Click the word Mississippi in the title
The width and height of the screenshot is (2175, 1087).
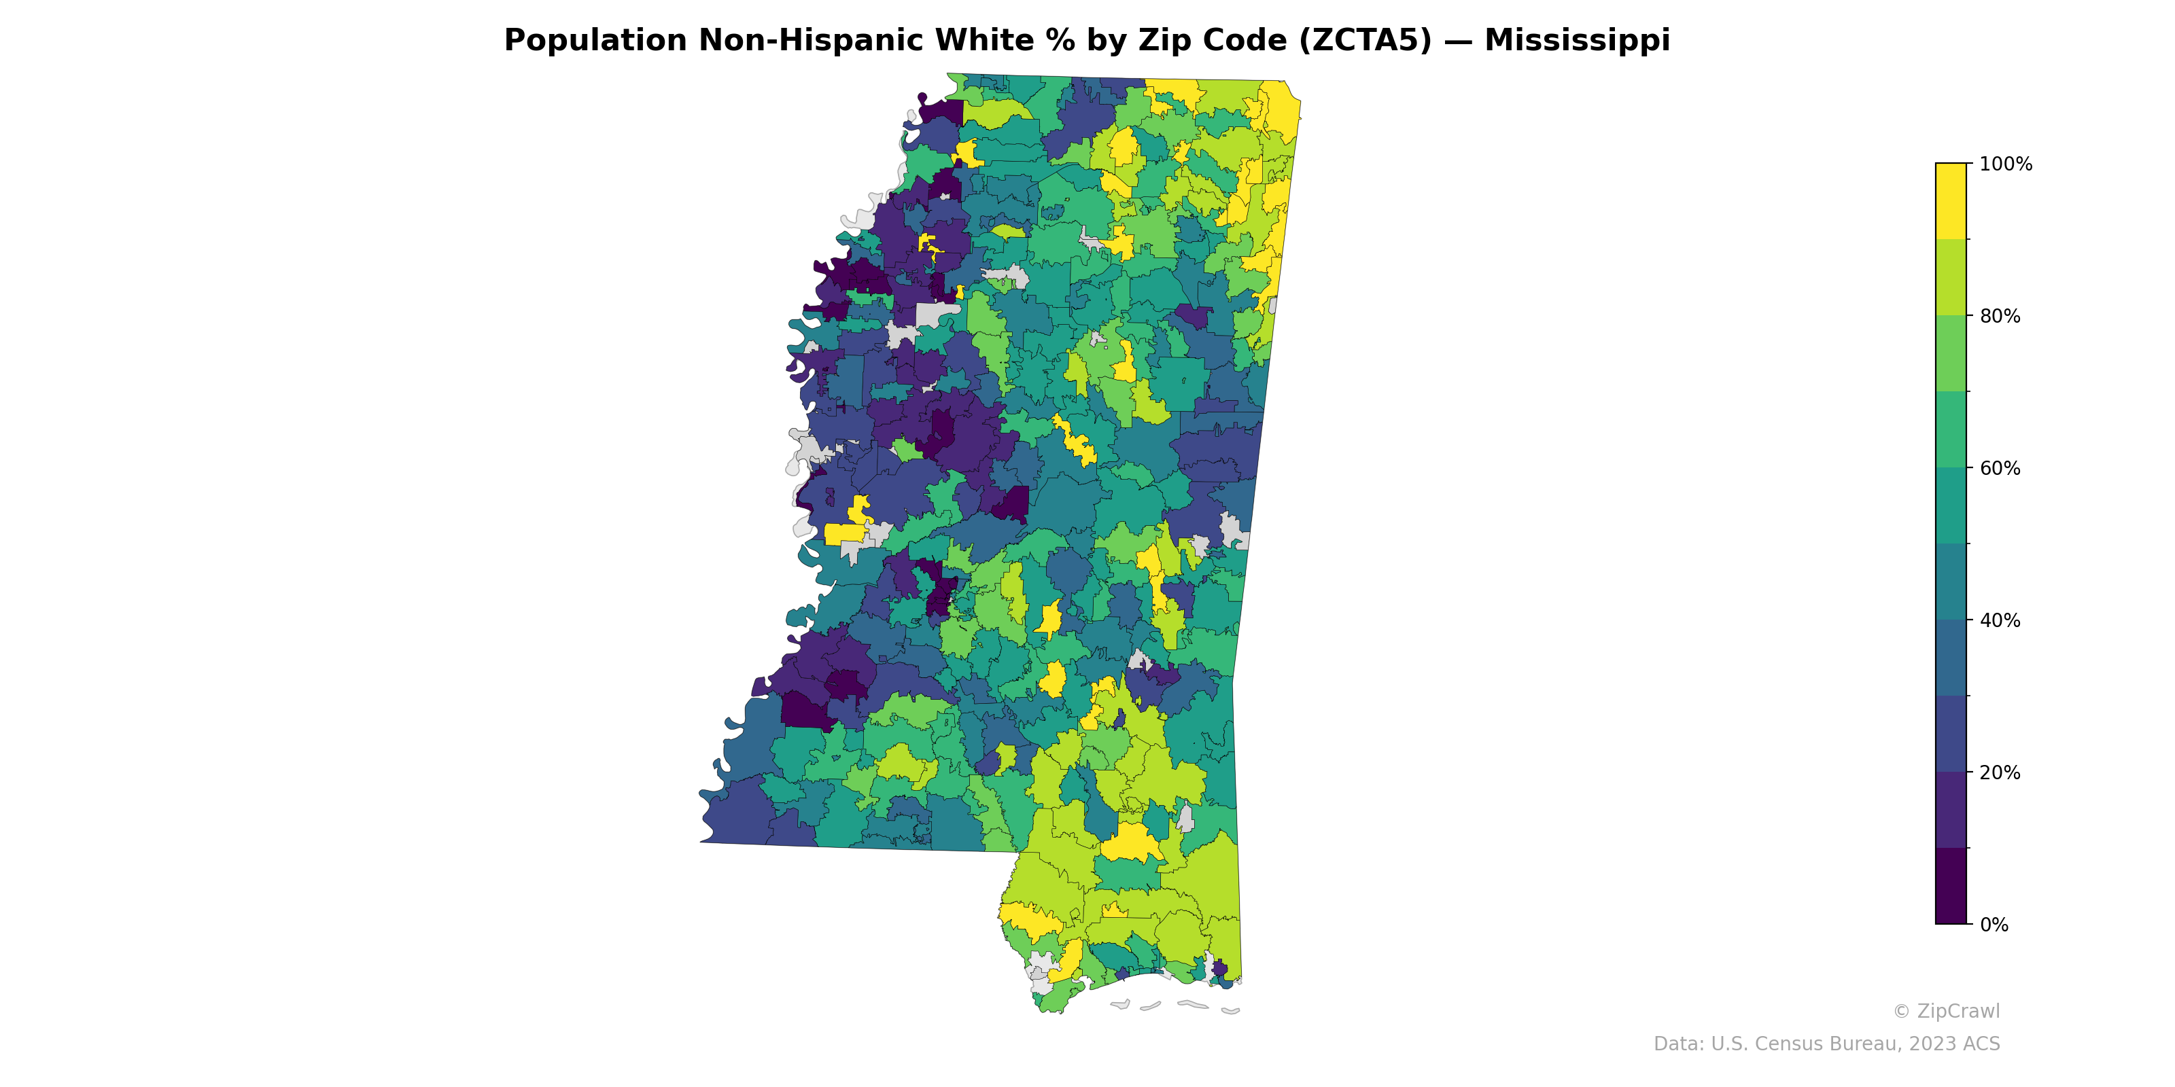coord(1576,41)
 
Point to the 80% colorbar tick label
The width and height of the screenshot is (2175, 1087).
coord(2000,317)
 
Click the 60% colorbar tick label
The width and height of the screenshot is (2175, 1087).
coord(2000,468)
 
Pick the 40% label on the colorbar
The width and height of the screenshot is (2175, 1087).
coord(2000,620)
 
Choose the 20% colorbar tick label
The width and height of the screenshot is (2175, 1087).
coord(2000,772)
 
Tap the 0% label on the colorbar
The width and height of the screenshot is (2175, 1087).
coord(1994,925)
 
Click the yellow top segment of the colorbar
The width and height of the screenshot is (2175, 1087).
coord(1951,201)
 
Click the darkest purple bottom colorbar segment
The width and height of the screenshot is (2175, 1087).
coord(1951,886)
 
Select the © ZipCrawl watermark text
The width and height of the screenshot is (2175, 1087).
coord(1946,1011)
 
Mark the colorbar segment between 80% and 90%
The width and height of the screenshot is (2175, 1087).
coord(1951,277)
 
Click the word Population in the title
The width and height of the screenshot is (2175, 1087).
coord(595,41)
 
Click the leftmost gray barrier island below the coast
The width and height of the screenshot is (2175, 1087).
coord(1120,1004)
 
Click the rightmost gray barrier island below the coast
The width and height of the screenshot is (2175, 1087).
coord(1230,1010)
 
